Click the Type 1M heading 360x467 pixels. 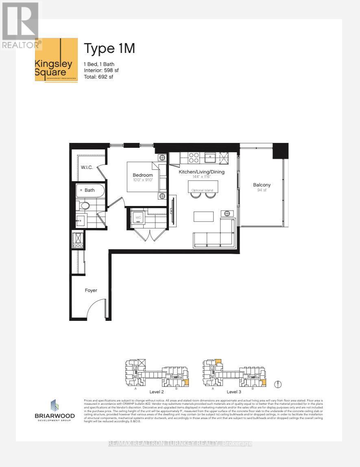(x=109, y=48)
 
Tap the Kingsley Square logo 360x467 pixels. (x=56, y=60)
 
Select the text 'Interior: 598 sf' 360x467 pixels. (x=101, y=70)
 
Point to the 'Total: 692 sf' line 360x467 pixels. (x=98, y=77)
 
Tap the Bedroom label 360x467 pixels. (x=142, y=175)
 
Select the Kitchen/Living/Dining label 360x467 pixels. (x=202, y=172)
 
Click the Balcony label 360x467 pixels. (x=262, y=184)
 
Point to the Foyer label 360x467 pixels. (x=91, y=290)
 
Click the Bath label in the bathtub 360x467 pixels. (x=89, y=190)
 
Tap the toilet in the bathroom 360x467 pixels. (x=84, y=206)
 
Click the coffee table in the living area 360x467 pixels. (x=203, y=216)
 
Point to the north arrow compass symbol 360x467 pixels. (x=278, y=384)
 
